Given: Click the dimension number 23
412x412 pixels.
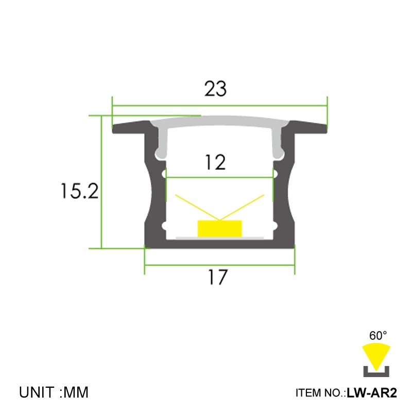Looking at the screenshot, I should (215, 89).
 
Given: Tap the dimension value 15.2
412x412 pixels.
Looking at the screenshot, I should (79, 192).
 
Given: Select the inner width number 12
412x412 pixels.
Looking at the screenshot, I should (215, 163).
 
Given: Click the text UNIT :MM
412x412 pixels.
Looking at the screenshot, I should (54, 392).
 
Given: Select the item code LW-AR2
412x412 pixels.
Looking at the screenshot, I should (372, 393).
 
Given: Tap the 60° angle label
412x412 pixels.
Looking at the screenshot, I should (377, 335).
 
